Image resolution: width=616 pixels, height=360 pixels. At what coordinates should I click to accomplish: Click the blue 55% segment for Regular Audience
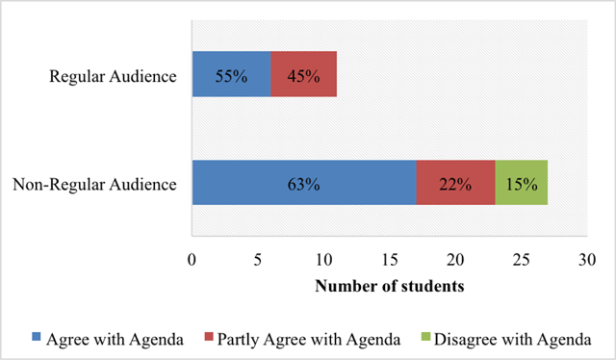pos(231,74)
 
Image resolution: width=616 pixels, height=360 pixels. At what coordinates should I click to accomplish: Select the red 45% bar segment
pos(304,74)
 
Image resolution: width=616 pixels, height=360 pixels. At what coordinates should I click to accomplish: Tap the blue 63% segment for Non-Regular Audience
pos(304,183)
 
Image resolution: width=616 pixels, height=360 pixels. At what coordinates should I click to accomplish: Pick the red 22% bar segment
pos(455,183)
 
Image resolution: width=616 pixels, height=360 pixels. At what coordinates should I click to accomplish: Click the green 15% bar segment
pos(522,183)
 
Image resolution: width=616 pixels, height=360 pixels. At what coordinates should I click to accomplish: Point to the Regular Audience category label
pos(113,76)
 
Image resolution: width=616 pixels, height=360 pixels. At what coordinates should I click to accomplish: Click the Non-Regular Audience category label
pos(94,184)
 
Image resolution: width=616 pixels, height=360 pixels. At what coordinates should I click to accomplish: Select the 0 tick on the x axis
pos(192,260)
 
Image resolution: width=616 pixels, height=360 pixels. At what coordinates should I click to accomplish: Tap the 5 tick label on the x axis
pos(258,260)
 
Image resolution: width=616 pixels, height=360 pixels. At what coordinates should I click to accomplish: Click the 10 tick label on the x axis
pos(323,260)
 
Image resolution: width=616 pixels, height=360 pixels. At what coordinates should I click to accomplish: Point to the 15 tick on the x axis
pos(390,260)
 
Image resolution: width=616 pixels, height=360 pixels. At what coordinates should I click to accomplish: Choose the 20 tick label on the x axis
pos(455,260)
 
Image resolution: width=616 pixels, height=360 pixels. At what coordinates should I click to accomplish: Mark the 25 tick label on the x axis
pos(522,260)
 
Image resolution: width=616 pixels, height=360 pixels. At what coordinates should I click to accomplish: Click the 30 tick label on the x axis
pos(587,260)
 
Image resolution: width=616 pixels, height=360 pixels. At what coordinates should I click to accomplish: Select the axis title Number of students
pos(390,286)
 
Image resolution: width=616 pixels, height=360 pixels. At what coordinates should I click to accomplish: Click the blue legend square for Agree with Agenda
pos(37,337)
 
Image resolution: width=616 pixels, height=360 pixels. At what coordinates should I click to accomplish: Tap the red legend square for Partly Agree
pos(209,337)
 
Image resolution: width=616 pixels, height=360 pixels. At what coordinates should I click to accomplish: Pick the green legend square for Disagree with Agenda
pos(425,337)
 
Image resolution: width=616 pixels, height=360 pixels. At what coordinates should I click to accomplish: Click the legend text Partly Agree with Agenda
pos(309,340)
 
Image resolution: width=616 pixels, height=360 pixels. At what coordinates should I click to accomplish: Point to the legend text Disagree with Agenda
pos(513,340)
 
